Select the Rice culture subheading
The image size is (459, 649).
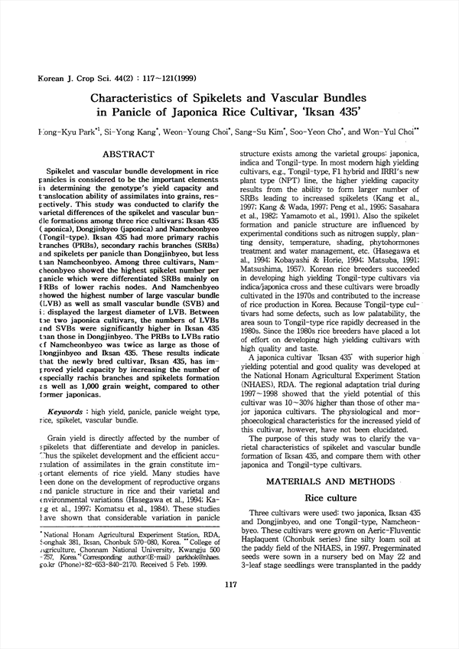click(x=340, y=497)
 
